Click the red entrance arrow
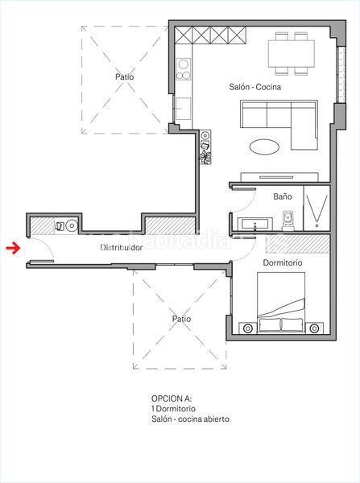coord(13,248)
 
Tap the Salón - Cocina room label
coord(254,87)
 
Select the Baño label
coord(283,196)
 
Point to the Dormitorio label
coord(283,262)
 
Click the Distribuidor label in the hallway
coord(122,247)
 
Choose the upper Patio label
coord(125,76)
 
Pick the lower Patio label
coord(181,319)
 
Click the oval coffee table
coord(264,147)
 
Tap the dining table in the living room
coord(292,54)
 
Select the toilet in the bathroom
coord(288,220)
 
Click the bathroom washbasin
coord(254,224)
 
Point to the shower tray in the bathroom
coord(317,208)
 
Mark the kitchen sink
coord(183,109)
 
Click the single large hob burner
coord(184,64)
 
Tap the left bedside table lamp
coord(248,328)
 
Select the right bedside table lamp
coord(314,328)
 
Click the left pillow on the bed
coord(270,325)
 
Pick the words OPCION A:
coord(172,398)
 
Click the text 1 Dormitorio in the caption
coord(173,408)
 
